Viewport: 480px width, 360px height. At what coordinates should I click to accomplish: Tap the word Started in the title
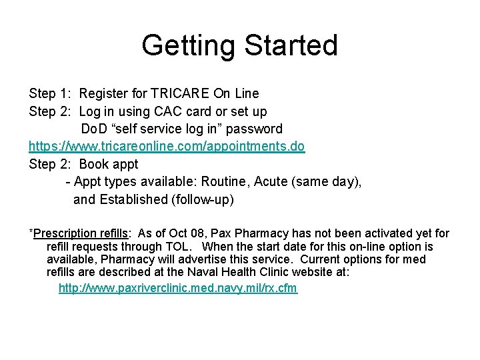point(291,46)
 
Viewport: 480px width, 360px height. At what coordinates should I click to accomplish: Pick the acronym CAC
point(164,111)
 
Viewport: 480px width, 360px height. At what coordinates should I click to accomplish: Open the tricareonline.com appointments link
point(167,146)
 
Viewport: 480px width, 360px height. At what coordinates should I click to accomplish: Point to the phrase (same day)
point(326,181)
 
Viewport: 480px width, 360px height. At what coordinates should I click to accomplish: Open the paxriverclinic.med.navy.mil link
point(178,288)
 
